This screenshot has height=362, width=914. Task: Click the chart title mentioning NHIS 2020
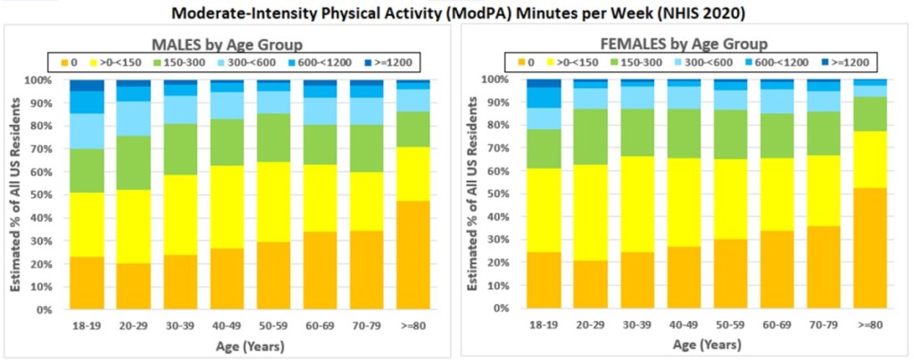point(456,12)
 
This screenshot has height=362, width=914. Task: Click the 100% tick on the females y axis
point(500,78)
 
